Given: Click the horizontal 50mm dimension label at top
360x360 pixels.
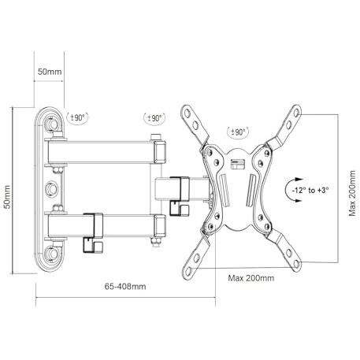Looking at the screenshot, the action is tap(50, 72).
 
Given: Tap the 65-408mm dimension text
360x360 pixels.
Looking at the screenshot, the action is tap(125, 286).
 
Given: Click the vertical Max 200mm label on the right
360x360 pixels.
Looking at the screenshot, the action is tap(352, 193).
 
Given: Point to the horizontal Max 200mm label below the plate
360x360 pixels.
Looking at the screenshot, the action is tap(251, 278).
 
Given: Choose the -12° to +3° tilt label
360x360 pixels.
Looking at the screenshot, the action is tap(310, 190).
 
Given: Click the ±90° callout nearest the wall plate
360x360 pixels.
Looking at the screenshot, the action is tap(77, 117).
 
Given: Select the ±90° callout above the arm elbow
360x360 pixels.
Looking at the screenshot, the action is tap(154, 118).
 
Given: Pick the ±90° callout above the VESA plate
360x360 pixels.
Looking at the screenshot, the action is tap(238, 132).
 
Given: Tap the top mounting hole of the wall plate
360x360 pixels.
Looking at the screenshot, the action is tap(51, 124).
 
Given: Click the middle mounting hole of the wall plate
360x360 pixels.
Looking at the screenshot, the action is tap(51, 189).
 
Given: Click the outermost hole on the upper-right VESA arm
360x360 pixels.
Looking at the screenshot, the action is tap(296, 113).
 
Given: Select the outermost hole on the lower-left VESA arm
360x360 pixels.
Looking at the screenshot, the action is tap(188, 270).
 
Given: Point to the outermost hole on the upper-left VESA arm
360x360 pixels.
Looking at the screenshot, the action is tap(187, 113).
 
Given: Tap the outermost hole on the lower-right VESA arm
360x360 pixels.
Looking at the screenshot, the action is tap(296, 263).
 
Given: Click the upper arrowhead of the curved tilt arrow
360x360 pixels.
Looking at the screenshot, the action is tap(299, 180).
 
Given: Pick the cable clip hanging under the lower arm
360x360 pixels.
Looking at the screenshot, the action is tap(93, 245).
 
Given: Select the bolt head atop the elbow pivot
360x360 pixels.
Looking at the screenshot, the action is tap(155, 137).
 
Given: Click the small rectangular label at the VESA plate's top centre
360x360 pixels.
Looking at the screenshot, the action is tap(237, 164).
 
